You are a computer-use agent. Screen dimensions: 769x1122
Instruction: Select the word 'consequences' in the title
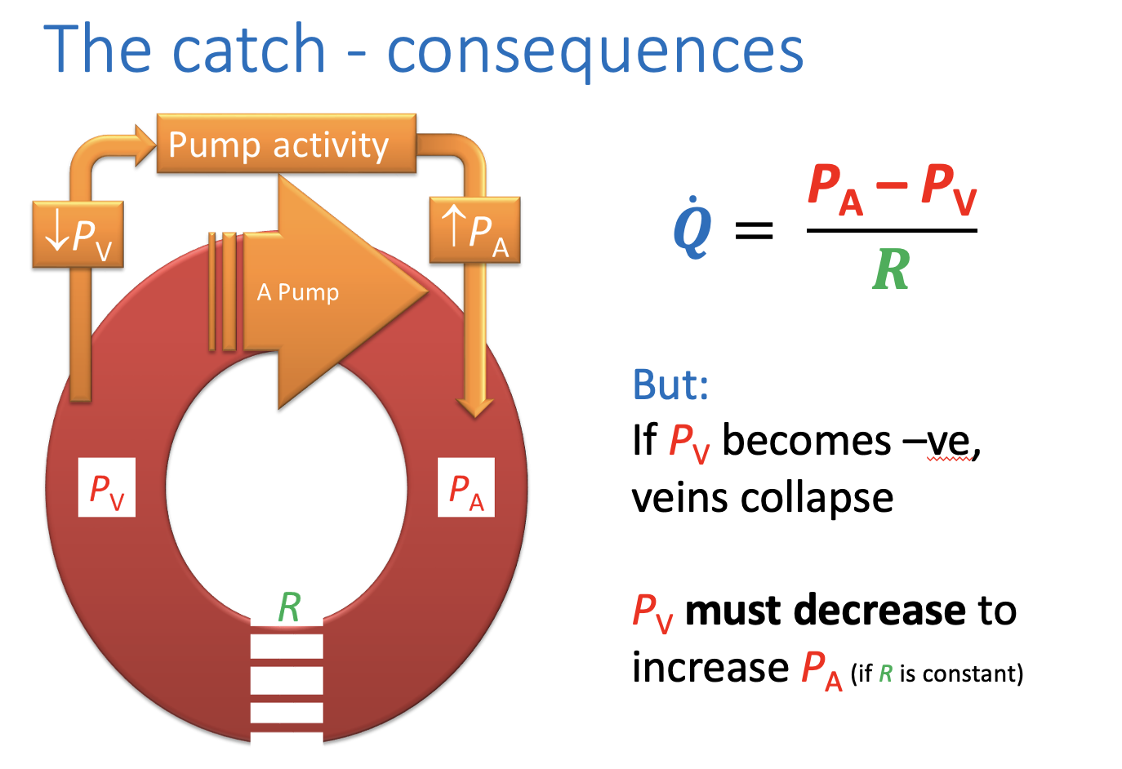(595, 51)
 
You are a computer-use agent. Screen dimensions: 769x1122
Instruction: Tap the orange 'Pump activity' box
(286, 144)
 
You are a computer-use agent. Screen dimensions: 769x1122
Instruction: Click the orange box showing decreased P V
(78, 235)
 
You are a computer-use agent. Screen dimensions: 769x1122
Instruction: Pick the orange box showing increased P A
(474, 231)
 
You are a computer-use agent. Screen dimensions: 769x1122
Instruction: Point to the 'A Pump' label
(298, 292)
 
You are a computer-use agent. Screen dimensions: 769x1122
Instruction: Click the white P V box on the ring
(107, 488)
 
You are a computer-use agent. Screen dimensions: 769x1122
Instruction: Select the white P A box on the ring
(466, 488)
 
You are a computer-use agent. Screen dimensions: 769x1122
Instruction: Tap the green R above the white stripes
(289, 607)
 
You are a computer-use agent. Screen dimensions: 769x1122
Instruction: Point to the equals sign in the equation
(754, 230)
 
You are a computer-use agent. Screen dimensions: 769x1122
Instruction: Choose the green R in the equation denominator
(890, 269)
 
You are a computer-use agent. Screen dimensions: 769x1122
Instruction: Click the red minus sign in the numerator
(892, 185)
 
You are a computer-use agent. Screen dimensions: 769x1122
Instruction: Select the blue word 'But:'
(670, 384)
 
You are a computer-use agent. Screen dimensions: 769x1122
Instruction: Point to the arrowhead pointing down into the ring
(474, 406)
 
